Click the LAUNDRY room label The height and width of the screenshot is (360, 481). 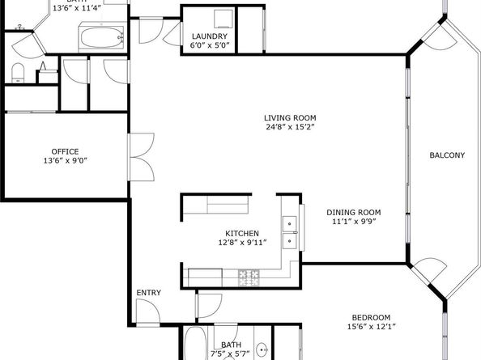(x=208, y=36)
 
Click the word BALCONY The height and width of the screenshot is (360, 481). (x=446, y=155)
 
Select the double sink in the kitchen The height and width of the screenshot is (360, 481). (x=289, y=231)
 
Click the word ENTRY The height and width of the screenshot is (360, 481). (x=148, y=293)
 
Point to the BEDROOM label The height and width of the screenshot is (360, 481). (x=371, y=317)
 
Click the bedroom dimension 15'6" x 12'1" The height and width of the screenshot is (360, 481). (x=371, y=328)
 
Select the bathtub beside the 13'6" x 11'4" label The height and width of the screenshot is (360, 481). (x=100, y=36)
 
